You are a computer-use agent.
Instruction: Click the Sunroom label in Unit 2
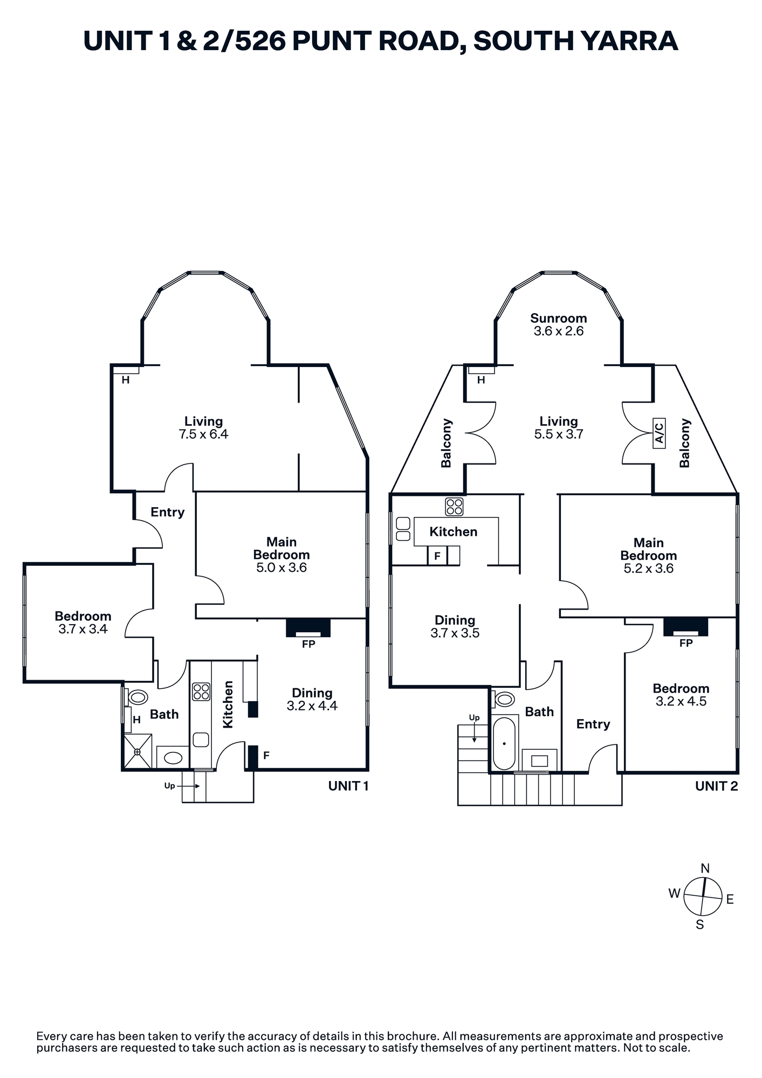[x=558, y=318]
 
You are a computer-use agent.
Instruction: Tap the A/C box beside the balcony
[x=659, y=433]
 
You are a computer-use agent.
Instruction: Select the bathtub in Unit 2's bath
[x=504, y=743]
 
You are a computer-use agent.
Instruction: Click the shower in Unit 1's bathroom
[x=138, y=751]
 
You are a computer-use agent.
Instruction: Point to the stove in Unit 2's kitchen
[x=454, y=507]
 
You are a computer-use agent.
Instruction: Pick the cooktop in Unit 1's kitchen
[x=201, y=692]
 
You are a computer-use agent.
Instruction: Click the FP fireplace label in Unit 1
[x=308, y=644]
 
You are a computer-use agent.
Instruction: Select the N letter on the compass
[x=705, y=868]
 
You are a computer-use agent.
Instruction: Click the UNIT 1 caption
[x=348, y=786]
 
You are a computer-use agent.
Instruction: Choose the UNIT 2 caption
[x=717, y=786]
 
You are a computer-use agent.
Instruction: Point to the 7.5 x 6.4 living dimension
[x=203, y=434]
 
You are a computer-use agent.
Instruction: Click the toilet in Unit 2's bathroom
[x=504, y=699]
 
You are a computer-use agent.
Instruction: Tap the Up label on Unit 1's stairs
[x=169, y=786]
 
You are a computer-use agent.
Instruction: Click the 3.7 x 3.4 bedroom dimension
[x=83, y=629]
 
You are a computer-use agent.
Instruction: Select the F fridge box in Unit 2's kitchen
[x=437, y=556]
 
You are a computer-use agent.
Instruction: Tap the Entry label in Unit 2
[x=593, y=724]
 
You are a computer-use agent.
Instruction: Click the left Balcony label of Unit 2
[x=446, y=443]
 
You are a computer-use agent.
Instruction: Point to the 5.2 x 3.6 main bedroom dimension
[x=649, y=569]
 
